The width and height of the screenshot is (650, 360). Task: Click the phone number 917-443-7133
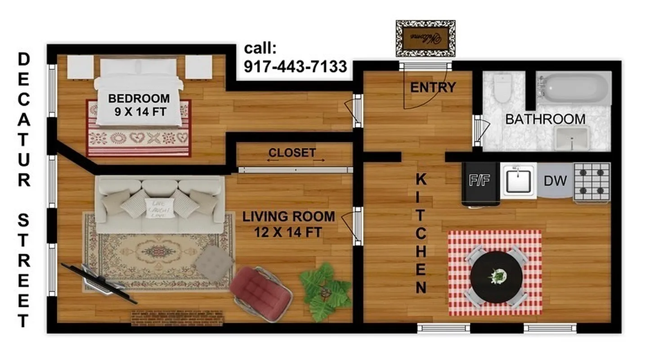pyautogui.click(x=295, y=67)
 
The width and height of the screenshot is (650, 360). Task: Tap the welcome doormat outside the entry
pyautogui.click(x=425, y=38)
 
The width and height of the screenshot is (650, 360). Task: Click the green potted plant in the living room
pyautogui.click(x=326, y=291)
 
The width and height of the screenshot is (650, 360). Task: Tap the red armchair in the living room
pyautogui.click(x=261, y=292)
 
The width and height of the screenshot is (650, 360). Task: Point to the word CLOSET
pyautogui.click(x=292, y=153)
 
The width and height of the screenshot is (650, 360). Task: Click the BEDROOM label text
pyautogui.click(x=139, y=98)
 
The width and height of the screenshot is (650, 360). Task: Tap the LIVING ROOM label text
pyautogui.click(x=288, y=216)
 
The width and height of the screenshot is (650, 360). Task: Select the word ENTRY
pyautogui.click(x=433, y=87)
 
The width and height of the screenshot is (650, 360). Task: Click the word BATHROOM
pyautogui.click(x=545, y=119)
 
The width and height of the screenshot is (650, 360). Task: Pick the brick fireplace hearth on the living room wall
pyautogui.click(x=177, y=318)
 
